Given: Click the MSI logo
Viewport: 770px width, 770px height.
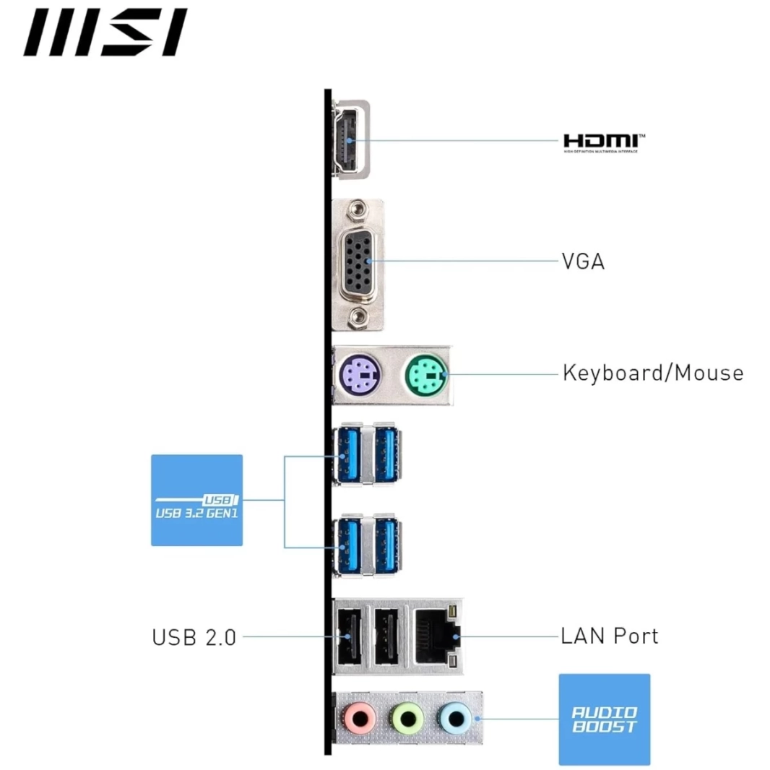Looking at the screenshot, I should point(105,33).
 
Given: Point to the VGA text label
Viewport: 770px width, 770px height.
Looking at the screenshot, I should point(583,261).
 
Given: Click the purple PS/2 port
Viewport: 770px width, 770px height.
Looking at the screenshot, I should point(359,375).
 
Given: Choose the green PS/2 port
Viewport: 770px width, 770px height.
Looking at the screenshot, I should point(425,374).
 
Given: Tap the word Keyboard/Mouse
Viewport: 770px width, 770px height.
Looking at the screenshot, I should point(652,373).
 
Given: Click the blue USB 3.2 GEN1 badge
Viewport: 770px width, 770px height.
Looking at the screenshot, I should point(196,500).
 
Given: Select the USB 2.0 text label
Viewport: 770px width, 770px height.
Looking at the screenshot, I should point(194,637).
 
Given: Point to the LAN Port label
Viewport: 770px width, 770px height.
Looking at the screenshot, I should point(610,636).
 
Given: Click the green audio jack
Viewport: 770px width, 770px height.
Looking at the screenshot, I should point(407,718).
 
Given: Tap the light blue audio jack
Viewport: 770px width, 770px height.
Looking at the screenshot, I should point(454,718).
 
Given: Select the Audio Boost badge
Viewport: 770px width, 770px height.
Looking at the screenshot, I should point(604,719).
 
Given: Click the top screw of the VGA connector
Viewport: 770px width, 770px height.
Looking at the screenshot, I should point(355,211).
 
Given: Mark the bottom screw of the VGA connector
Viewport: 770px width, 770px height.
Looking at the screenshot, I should point(356,316).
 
